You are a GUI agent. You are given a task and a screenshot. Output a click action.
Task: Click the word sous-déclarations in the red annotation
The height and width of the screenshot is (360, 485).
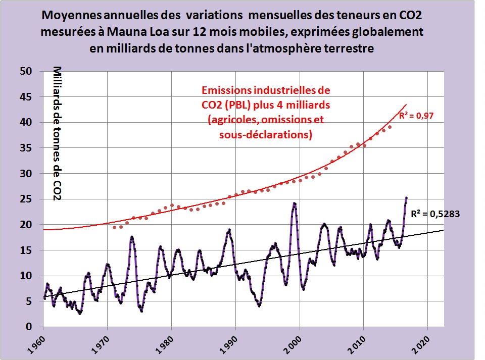pyautogui.click(x=266, y=135)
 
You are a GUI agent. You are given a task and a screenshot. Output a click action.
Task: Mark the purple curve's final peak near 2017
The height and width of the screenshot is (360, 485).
pyautogui.click(x=406, y=197)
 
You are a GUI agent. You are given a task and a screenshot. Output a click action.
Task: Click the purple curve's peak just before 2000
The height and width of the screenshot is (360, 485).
pyautogui.click(x=294, y=203)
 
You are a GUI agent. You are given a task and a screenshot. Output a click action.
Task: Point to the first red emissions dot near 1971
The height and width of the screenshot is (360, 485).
pyautogui.click(x=114, y=228)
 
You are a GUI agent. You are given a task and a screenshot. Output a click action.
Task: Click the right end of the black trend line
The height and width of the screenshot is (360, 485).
pyautogui.click(x=444, y=230)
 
